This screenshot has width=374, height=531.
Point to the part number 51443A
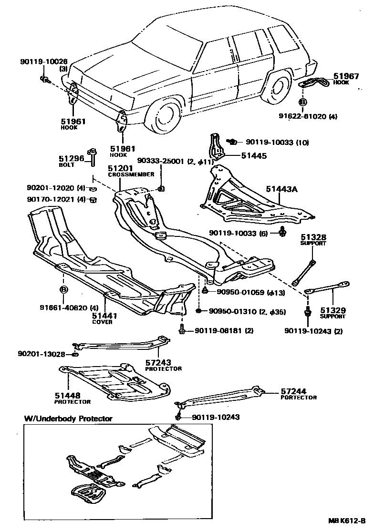click(x=281, y=190)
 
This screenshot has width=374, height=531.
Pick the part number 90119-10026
click(x=44, y=62)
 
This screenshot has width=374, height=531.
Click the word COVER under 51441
click(x=102, y=322)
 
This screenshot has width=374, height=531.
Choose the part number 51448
click(x=67, y=395)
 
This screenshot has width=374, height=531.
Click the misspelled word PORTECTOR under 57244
click(x=299, y=397)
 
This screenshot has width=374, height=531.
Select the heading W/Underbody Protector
click(x=68, y=419)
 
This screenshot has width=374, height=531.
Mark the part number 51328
click(x=313, y=237)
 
